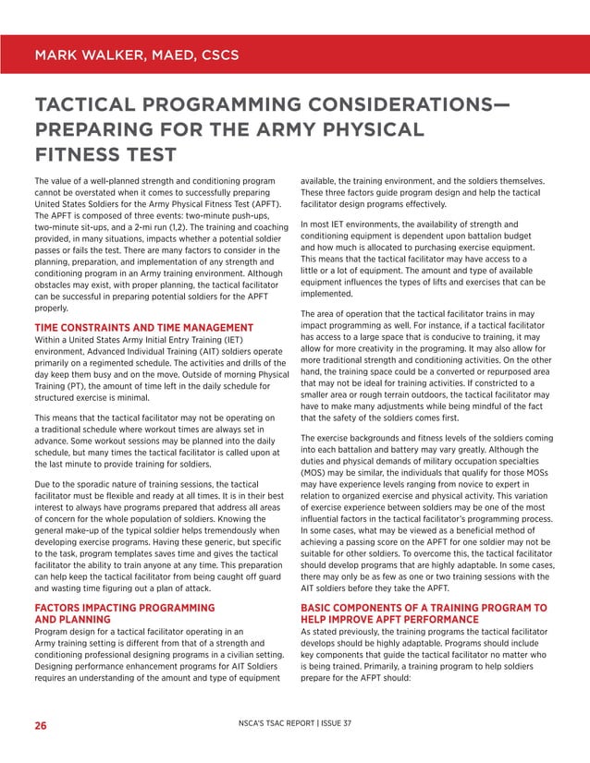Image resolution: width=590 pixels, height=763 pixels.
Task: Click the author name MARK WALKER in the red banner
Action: (x=88, y=54)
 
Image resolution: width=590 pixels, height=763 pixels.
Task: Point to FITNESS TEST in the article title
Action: (x=104, y=153)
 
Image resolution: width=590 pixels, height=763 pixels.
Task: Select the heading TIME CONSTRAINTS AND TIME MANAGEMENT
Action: (x=143, y=328)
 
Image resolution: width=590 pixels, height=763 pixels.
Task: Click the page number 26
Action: (x=41, y=726)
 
